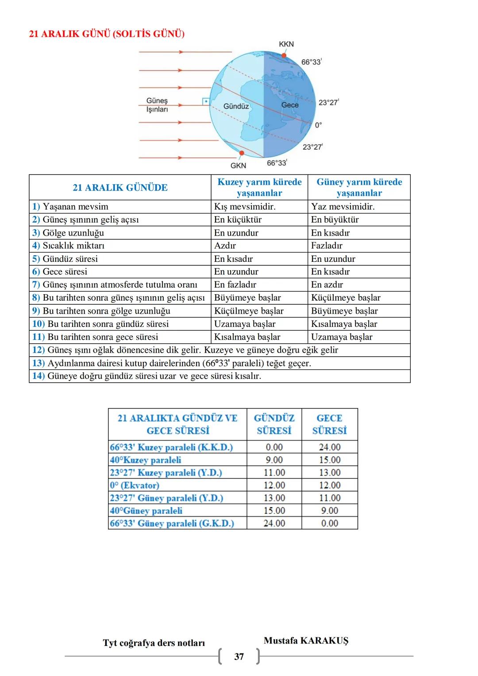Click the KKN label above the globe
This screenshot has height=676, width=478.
point(286,44)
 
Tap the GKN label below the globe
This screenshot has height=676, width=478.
point(238,166)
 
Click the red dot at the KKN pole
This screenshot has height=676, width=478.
point(284,55)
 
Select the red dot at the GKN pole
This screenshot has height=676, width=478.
point(241,153)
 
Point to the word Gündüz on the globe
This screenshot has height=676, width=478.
point(236,106)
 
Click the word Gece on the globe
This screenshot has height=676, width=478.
point(290,105)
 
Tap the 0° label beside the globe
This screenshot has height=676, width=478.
point(318,125)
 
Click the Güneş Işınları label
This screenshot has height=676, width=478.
point(157,105)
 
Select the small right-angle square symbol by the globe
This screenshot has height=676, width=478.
point(206,101)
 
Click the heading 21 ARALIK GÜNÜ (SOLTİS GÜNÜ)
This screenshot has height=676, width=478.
point(107,34)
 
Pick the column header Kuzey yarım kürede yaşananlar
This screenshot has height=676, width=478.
point(259,187)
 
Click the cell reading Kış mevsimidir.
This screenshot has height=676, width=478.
point(245,206)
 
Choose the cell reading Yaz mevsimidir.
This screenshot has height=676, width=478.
point(343,206)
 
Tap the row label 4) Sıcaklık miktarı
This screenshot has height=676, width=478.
point(68,245)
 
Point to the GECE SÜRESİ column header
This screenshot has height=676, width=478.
point(329,424)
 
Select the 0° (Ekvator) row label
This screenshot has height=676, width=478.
point(135,485)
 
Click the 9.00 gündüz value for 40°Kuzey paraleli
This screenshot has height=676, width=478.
point(274,460)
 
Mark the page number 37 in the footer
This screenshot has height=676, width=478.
point(239,657)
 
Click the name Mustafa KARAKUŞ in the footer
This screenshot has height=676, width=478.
point(306,641)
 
